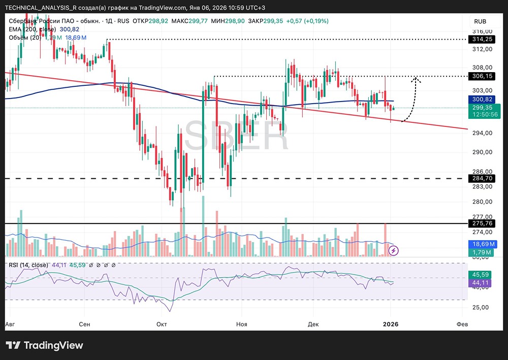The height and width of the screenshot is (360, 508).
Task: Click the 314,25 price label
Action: tap(482, 39)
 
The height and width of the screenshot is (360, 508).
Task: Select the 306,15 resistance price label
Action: tap(482, 76)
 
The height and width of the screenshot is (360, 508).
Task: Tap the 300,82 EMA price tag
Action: tap(482, 100)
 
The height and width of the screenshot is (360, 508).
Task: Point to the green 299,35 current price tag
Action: tap(482, 108)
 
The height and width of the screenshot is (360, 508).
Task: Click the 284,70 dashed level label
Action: tap(482, 179)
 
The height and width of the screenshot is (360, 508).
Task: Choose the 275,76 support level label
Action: tap(482, 223)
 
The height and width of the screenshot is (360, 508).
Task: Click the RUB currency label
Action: tap(480, 21)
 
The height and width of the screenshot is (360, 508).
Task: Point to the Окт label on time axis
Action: tap(162, 324)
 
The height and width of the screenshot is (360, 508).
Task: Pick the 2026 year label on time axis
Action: tap(390, 324)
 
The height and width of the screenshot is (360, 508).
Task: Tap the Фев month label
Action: tap(462, 324)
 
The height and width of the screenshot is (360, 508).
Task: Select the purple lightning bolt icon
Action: tap(395, 250)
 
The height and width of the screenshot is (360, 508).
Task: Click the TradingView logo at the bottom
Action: tap(44, 345)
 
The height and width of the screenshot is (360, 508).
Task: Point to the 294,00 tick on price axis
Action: tap(482, 133)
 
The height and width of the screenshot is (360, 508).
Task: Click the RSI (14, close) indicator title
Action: tap(28, 265)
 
